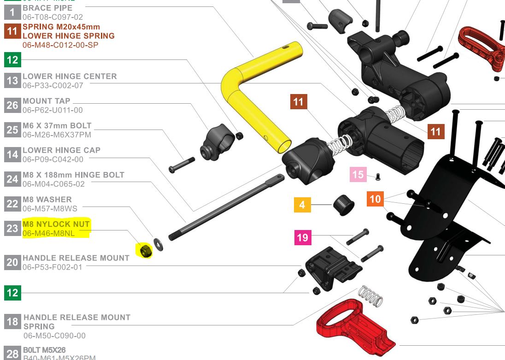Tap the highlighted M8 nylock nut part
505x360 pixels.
pos(146,251)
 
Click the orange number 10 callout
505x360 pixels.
pos(376,199)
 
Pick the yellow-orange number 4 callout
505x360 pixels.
pos(302,204)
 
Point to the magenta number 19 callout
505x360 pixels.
pos(302,237)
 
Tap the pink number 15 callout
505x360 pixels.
pos(358,175)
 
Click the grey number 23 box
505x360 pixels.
pos(12,228)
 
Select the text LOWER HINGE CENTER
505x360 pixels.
pos(70,76)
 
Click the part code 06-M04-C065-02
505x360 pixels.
pos(53,184)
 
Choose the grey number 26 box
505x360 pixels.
pos(12,105)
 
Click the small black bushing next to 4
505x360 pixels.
pos(343,205)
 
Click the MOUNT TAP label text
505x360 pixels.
pos(47,100)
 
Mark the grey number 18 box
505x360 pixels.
pos(12,321)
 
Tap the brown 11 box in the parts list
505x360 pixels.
pos(12,31)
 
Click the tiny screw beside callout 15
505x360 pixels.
pos(378,176)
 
